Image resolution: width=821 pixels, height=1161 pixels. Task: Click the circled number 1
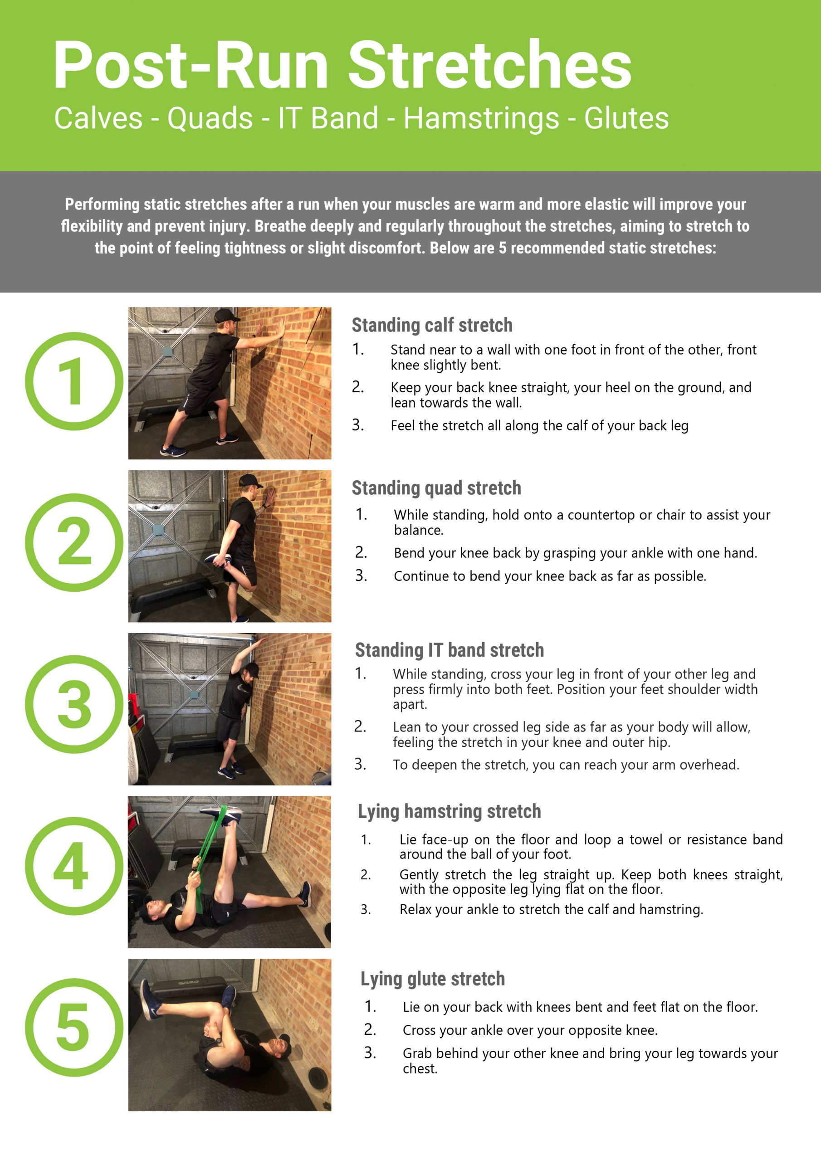74,381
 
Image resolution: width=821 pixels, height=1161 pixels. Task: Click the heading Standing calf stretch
432,325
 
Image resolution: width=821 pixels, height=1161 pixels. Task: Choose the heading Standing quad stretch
436,488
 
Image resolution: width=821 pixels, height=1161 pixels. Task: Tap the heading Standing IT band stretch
449,650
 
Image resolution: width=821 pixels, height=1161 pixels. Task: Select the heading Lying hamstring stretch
449,811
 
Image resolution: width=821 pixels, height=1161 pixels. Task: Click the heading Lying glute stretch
433,979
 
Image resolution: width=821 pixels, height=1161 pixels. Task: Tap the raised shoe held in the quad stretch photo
218,560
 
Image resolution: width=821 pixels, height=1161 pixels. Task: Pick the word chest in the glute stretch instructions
420,1069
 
